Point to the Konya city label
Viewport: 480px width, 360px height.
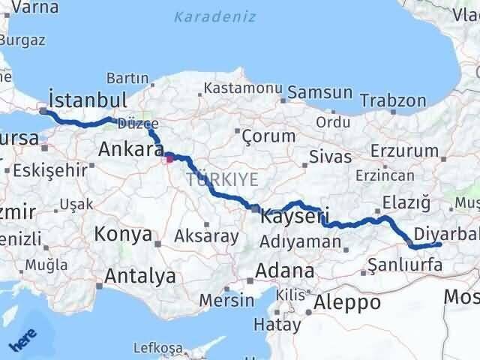click(123, 235)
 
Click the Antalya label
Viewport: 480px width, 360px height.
click(140, 276)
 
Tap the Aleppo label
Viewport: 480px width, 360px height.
click(347, 302)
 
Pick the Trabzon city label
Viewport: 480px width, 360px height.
click(393, 100)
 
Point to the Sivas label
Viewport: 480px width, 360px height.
click(331, 157)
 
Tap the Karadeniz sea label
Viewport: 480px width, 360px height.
click(214, 16)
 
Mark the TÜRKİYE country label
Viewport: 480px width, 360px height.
click(223, 179)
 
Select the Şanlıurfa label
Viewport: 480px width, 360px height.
click(406, 264)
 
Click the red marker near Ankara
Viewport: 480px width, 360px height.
click(169, 157)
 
